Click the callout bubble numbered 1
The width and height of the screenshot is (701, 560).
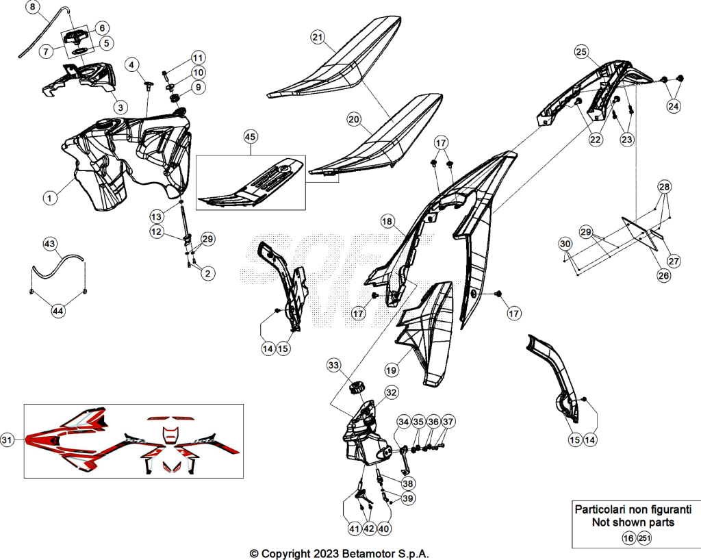[50, 198]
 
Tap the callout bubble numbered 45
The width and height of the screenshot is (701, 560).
[251, 136]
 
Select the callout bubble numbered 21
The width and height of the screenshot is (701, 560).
[318, 37]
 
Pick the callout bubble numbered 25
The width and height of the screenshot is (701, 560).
[581, 52]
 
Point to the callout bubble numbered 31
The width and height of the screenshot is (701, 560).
[7, 440]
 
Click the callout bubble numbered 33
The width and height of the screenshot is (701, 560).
[333, 365]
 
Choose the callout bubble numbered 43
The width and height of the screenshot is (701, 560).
[49, 244]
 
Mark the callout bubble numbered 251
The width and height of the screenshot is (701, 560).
[644, 538]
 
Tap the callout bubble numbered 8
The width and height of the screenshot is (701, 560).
[33, 7]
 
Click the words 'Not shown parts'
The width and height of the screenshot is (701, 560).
[633, 522]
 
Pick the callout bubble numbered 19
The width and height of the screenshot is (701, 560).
[391, 370]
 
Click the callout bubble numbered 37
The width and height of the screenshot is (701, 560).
[448, 422]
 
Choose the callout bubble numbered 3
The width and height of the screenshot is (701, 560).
[120, 107]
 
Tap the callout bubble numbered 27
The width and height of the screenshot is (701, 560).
[674, 261]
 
